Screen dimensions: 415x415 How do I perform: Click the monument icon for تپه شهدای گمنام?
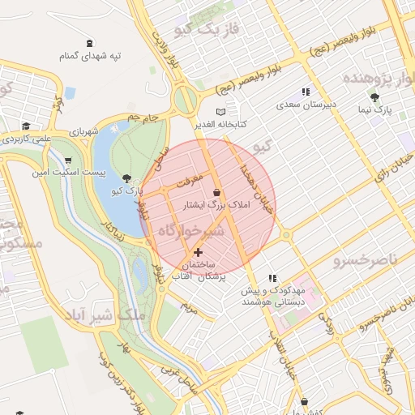coord(89,43)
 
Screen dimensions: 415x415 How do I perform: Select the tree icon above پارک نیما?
coord(374,97)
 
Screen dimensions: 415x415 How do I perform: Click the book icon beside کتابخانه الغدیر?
coord(221,111)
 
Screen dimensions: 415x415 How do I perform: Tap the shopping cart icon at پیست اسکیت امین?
coord(67,160)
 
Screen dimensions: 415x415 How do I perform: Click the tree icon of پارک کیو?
coord(126,178)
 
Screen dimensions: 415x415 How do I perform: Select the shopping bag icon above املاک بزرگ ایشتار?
coord(216,192)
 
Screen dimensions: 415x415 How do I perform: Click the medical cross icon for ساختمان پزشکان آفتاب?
coord(199,253)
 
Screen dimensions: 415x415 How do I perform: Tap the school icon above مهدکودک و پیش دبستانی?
coord(273,277)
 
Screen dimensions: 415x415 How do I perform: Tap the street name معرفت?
coord(186,184)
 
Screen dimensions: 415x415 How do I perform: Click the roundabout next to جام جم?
coord(186,100)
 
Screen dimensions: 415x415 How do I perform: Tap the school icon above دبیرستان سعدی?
coord(306,92)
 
